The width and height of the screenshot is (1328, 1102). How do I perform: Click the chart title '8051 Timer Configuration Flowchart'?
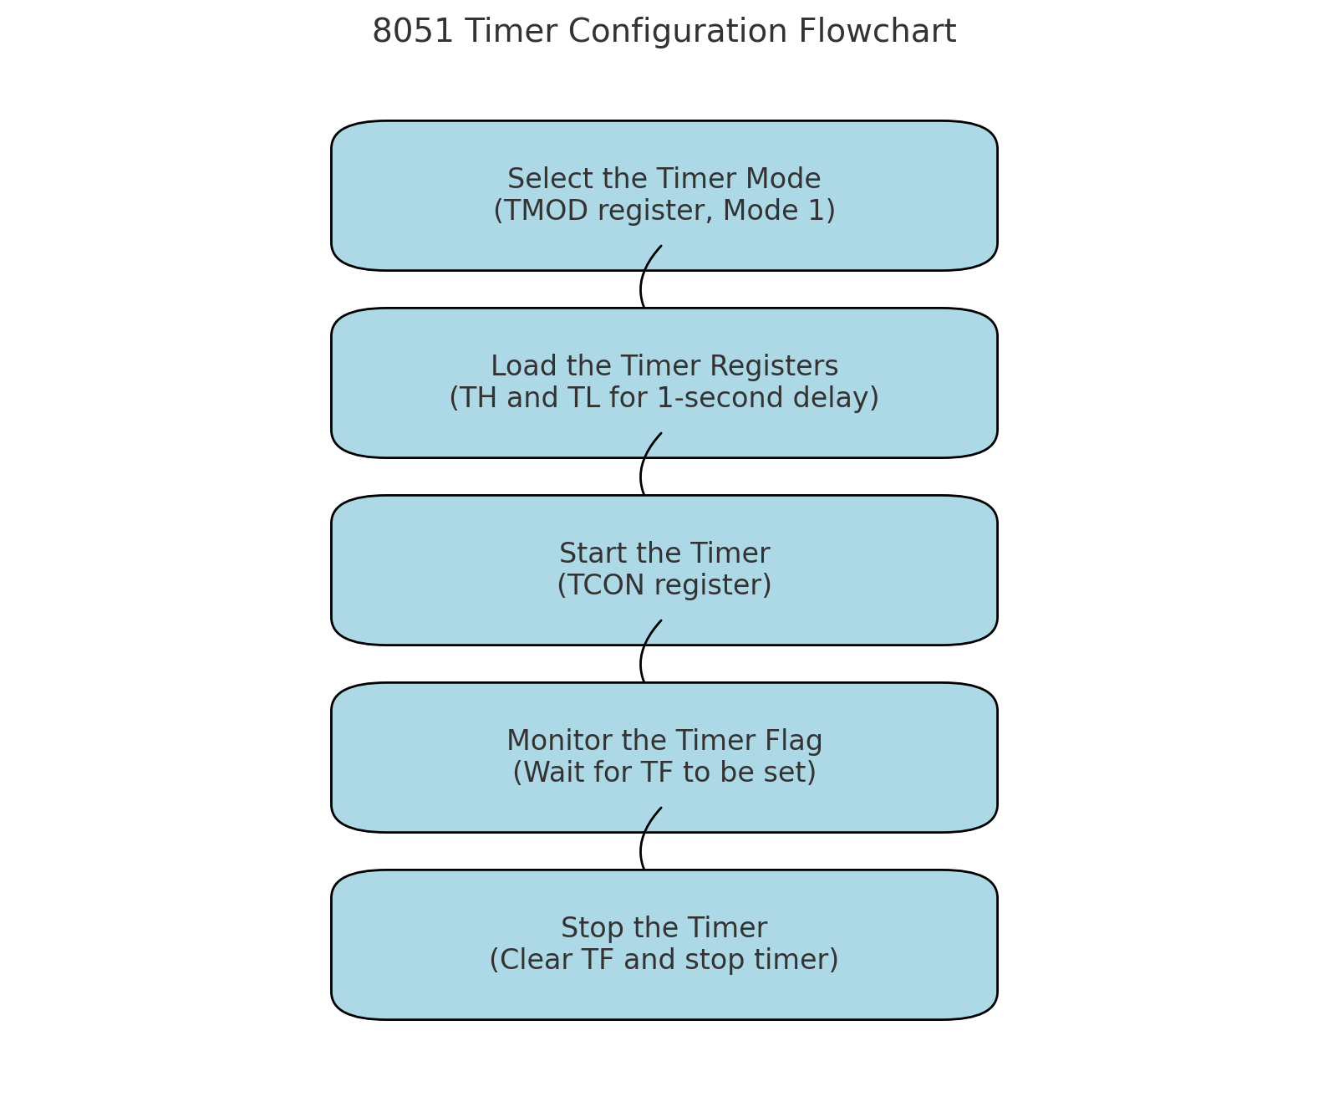tap(664, 32)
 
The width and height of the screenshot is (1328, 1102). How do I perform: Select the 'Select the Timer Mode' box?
tap(664, 196)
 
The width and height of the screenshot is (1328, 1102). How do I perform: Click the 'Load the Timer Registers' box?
tap(664, 382)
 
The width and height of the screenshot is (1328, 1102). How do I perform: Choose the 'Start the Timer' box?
tap(664, 569)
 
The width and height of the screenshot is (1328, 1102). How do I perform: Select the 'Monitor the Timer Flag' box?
tap(664, 757)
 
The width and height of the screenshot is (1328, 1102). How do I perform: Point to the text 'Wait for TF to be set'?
tap(664, 773)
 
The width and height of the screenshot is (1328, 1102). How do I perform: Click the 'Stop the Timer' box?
tap(664, 944)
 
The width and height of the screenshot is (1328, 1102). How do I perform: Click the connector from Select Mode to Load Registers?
tap(644, 288)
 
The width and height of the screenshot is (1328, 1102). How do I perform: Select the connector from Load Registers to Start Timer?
tap(644, 476)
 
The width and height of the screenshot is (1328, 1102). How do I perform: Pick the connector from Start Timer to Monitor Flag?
tap(644, 663)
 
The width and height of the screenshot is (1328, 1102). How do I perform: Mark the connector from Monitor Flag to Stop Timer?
tap(644, 850)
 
